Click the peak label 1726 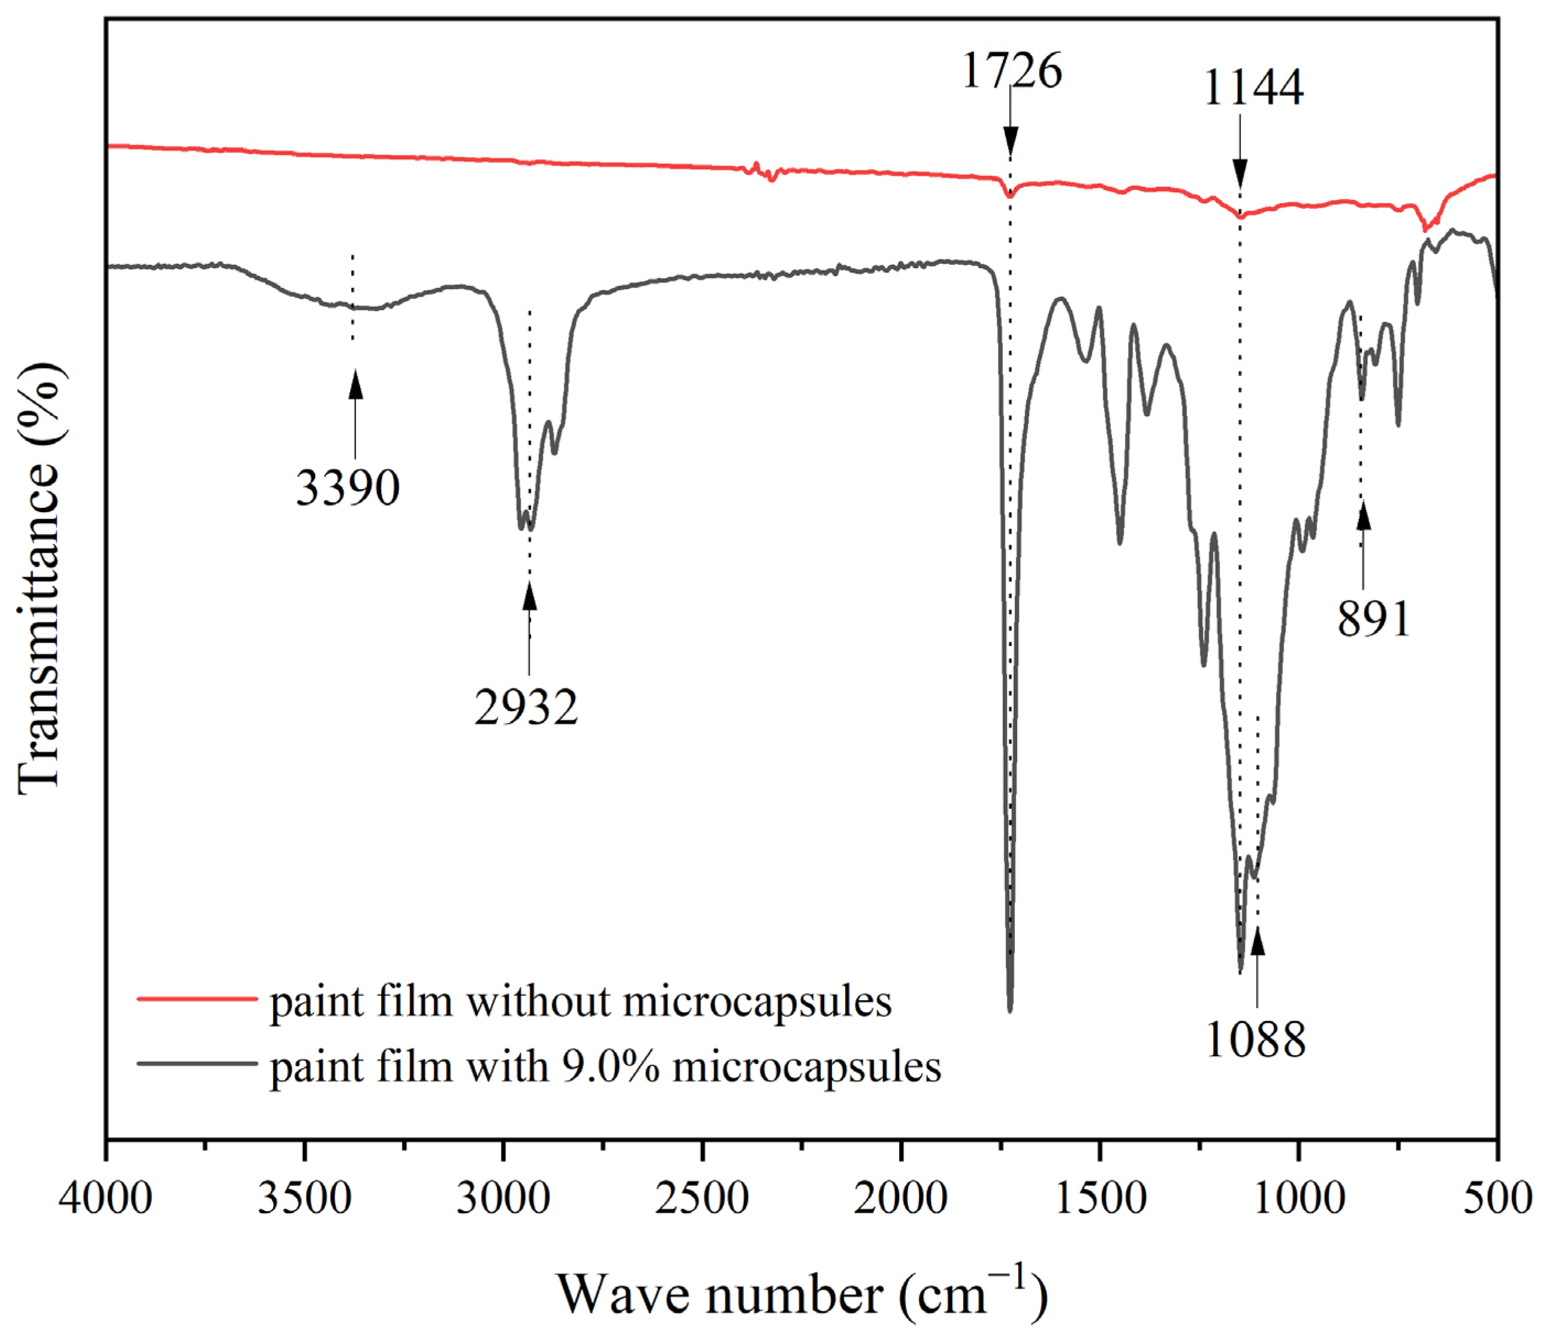point(1012,72)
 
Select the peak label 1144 point(1253,88)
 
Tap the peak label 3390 point(347,488)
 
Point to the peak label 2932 point(526,707)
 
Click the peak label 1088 point(1255,1040)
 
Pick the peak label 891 point(1374,619)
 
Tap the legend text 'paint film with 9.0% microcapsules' point(605,1067)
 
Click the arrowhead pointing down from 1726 point(1010,141)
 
